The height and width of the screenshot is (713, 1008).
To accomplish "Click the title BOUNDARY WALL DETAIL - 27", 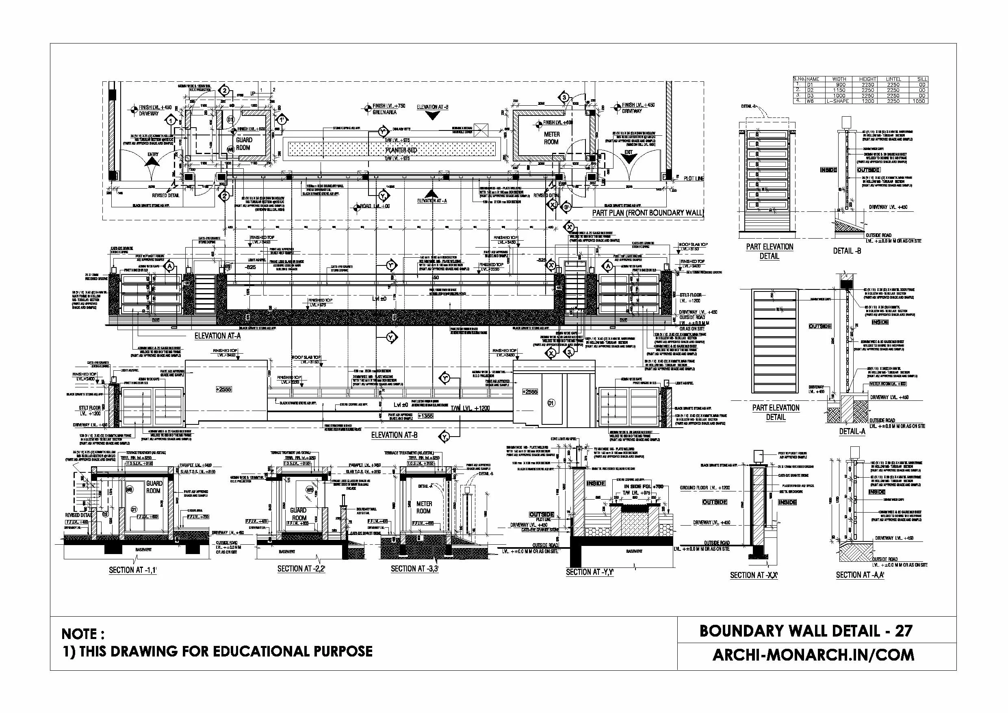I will [x=806, y=631].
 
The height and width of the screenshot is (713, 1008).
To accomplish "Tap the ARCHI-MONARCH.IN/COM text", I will [x=813, y=655].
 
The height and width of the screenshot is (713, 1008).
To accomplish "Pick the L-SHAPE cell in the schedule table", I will [x=838, y=101].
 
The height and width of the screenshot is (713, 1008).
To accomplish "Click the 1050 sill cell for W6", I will [x=919, y=101].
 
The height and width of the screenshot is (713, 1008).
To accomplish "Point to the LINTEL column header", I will [x=893, y=79].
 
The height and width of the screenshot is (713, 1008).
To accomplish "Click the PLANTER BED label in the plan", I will [x=401, y=150].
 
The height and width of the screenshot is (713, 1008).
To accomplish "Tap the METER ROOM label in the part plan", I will [x=551, y=138].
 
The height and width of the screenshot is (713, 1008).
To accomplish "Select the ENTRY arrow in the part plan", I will [x=153, y=161].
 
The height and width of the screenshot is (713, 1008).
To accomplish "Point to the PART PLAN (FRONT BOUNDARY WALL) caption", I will [x=648, y=213].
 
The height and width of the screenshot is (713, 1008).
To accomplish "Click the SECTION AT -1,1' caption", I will [x=132, y=570].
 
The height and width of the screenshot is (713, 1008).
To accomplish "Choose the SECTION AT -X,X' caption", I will [x=754, y=575].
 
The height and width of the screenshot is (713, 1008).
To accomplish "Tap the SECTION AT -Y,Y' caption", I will [x=590, y=572].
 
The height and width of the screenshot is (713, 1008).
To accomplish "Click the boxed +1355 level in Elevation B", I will [x=425, y=415].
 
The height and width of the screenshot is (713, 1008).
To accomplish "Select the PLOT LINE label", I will [x=694, y=178].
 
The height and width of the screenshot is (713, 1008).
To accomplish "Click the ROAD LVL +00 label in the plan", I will [x=375, y=206].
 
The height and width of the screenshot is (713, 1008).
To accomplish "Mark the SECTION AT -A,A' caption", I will [x=860, y=575].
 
